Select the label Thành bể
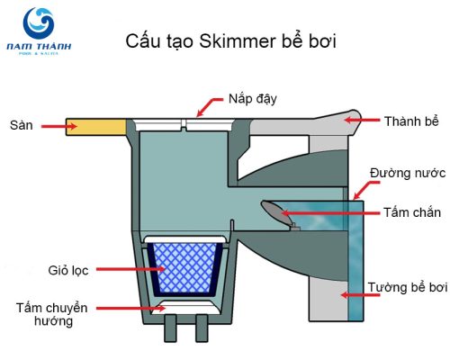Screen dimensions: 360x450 click(x=411, y=119)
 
